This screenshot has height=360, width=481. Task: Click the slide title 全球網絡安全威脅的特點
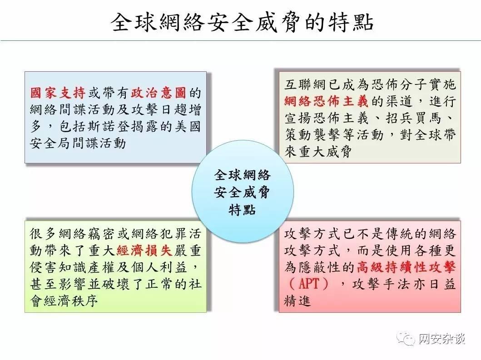pyautogui.click(x=242, y=22)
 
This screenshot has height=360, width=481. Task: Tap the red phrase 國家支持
pyautogui.click(x=58, y=93)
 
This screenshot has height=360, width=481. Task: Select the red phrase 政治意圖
pyautogui.click(x=159, y=93)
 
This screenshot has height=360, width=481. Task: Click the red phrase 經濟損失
pyautogui.click(x=144, y=251)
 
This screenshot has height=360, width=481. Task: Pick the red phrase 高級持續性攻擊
pyautogui.click(x=406, y=267)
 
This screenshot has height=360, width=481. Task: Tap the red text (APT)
pyautogui.click(x=309, y=284)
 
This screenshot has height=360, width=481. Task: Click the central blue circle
pyautogui.click(x=243, y=192)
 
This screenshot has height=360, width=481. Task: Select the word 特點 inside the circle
pyautogui.click(x=242, y=210)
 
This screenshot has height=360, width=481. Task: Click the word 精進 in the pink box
pyautogui.click(x=298, y=301)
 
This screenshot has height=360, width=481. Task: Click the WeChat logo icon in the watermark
pyautogui.click(x=407, y=338)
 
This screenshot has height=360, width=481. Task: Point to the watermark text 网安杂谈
pyautogui.click(x=442, y=339)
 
